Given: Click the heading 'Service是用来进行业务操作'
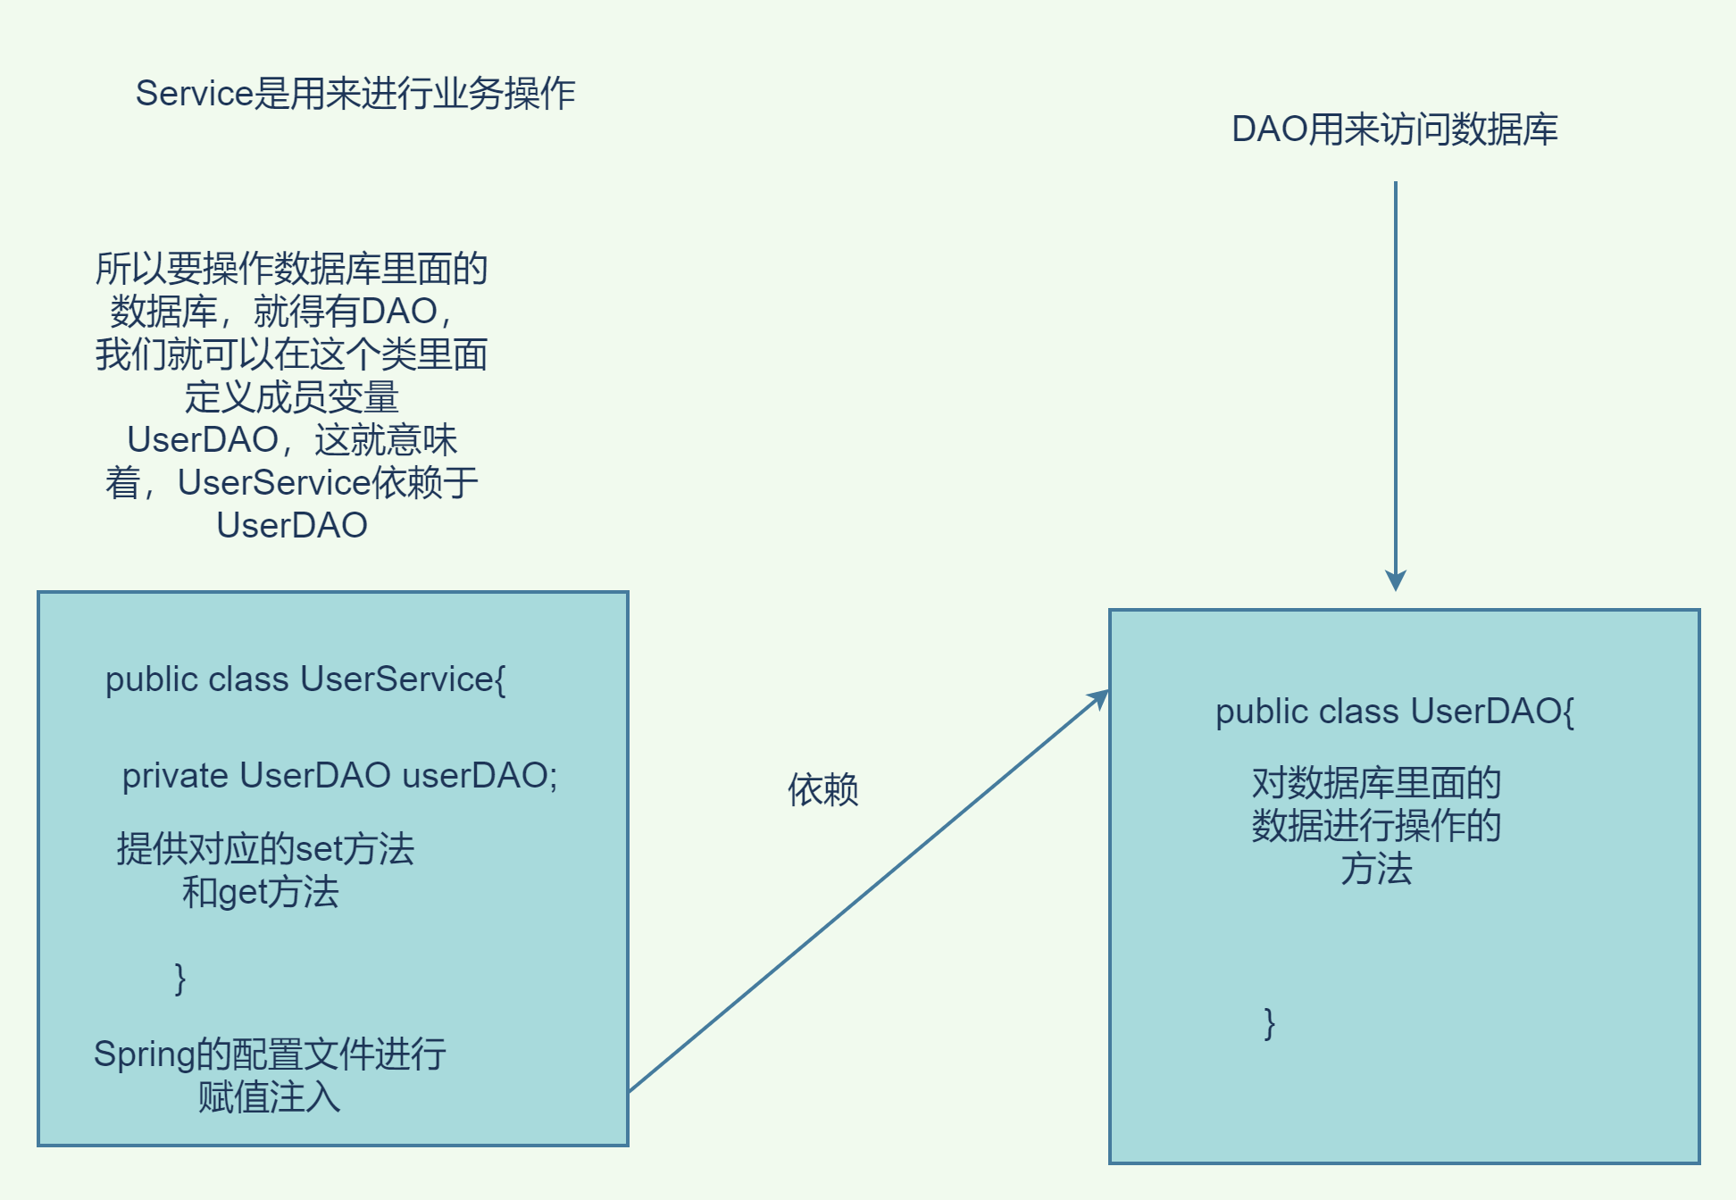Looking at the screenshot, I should tap(355, 94).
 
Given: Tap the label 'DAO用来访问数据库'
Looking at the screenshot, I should tap(1394, 130).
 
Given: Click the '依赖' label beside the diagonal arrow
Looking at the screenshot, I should tap(822, 790).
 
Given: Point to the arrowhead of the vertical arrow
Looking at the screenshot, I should tap(1396, 580).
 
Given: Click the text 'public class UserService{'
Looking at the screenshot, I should tap(305, 679).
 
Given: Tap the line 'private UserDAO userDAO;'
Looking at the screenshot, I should tap(339, 776).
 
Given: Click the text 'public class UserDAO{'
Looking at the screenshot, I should tap(1394, 712).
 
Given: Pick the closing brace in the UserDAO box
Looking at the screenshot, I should tap(1269, 1023).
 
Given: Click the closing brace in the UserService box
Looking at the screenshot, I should tap(180, 979).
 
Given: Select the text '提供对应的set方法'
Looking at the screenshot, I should tap(265, 849).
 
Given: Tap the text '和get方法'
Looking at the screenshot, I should tap(260, 893).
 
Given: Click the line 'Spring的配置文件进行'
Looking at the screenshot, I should tap(270, 1054).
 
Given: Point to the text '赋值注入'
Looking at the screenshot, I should tap(269, 1097).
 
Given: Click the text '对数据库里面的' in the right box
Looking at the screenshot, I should tap(1376, 783).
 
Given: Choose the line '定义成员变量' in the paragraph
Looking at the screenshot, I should tap(291, 397).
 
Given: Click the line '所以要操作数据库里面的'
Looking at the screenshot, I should tap(291, 269).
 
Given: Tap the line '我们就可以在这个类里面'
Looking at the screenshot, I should tap(291, 354).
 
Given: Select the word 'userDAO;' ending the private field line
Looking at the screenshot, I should tap(480, 776).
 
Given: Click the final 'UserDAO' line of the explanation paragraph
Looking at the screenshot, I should tap(291, 526).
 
